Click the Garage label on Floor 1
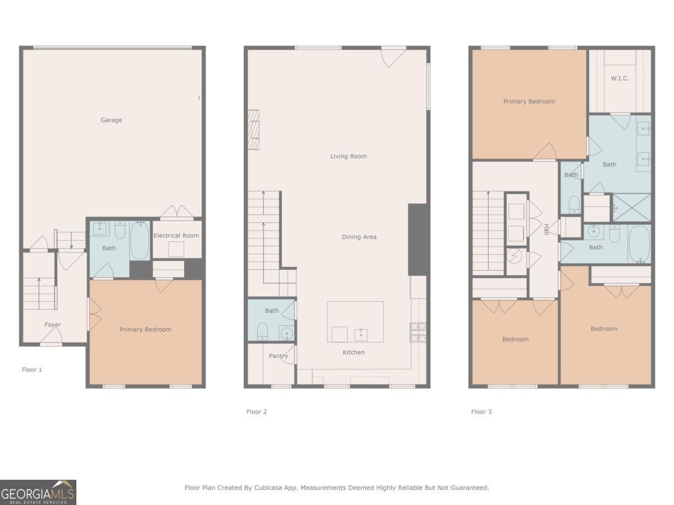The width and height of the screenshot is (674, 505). tap(111, 120)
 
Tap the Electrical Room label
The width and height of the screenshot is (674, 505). tap(176, 236)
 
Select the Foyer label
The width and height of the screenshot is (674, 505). tap(53, 325)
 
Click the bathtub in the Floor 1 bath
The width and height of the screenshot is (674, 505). tap(140, 241)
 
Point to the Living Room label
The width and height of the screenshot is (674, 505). tap(348, 157)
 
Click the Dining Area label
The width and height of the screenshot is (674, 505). tap(359, 237)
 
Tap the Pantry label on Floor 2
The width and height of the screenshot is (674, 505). tap(278, 356)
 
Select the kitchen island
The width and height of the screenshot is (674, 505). tap(355, 322)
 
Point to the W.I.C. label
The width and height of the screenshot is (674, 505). tap(620, 79)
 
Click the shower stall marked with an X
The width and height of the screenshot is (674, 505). tap(631, 208)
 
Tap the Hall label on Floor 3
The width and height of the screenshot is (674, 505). tap(546, 229)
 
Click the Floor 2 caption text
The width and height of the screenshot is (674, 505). tap(257, 412)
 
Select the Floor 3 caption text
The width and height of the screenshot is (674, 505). tap(481, 412)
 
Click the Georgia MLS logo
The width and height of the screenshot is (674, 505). tap(38, 492)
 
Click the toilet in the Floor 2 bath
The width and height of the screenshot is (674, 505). tap(262, 332)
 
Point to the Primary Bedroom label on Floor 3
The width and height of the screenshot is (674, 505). tap(529, 102)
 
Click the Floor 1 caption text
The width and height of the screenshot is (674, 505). tap(32, 370)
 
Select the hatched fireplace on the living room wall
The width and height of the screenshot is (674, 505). tap(254, 129)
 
